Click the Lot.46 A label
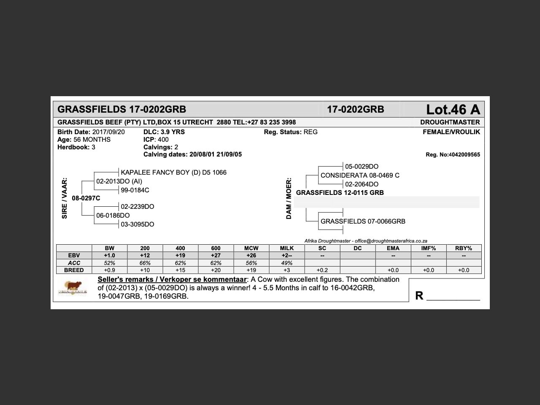pos(453,110)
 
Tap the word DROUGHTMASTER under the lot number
pos(450,122)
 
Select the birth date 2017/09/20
pos(108,132)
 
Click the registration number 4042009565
pos(464,155)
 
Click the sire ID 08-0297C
pos(86,198)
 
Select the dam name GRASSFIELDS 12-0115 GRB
pos(340,193)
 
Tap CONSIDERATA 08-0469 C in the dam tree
pos(360,175)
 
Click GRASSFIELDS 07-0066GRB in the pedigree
pos(363,221)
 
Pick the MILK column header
pos(287,248)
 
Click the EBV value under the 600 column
pos(216,256)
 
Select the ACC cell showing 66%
pos(145,263)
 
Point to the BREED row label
pos(74,270)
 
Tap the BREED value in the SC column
pos(322,270)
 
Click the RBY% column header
pos(464,248)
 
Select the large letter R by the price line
pos(419,296)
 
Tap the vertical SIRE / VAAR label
pos(65,198)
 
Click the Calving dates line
pos(192,154)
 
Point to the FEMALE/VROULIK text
pos(451,132)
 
